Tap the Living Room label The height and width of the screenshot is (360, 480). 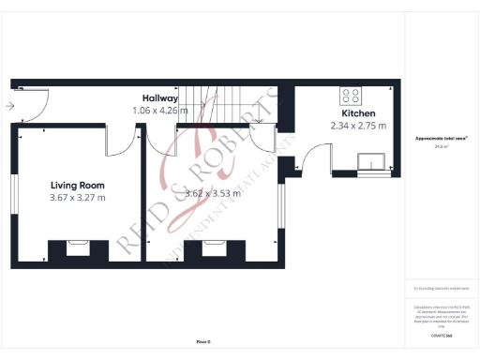click(x=77, y=185)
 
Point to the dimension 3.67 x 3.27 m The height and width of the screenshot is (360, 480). click(x=77, y=198)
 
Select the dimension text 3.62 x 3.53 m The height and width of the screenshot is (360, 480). click(x=213, y=194)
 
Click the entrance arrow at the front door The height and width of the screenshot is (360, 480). click(x=8, y=106)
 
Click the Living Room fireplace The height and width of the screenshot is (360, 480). click(x=77, y=247)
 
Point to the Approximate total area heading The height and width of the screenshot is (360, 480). click(x=441, y=139)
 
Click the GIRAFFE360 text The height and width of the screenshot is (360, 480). click(x=442, y=335)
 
